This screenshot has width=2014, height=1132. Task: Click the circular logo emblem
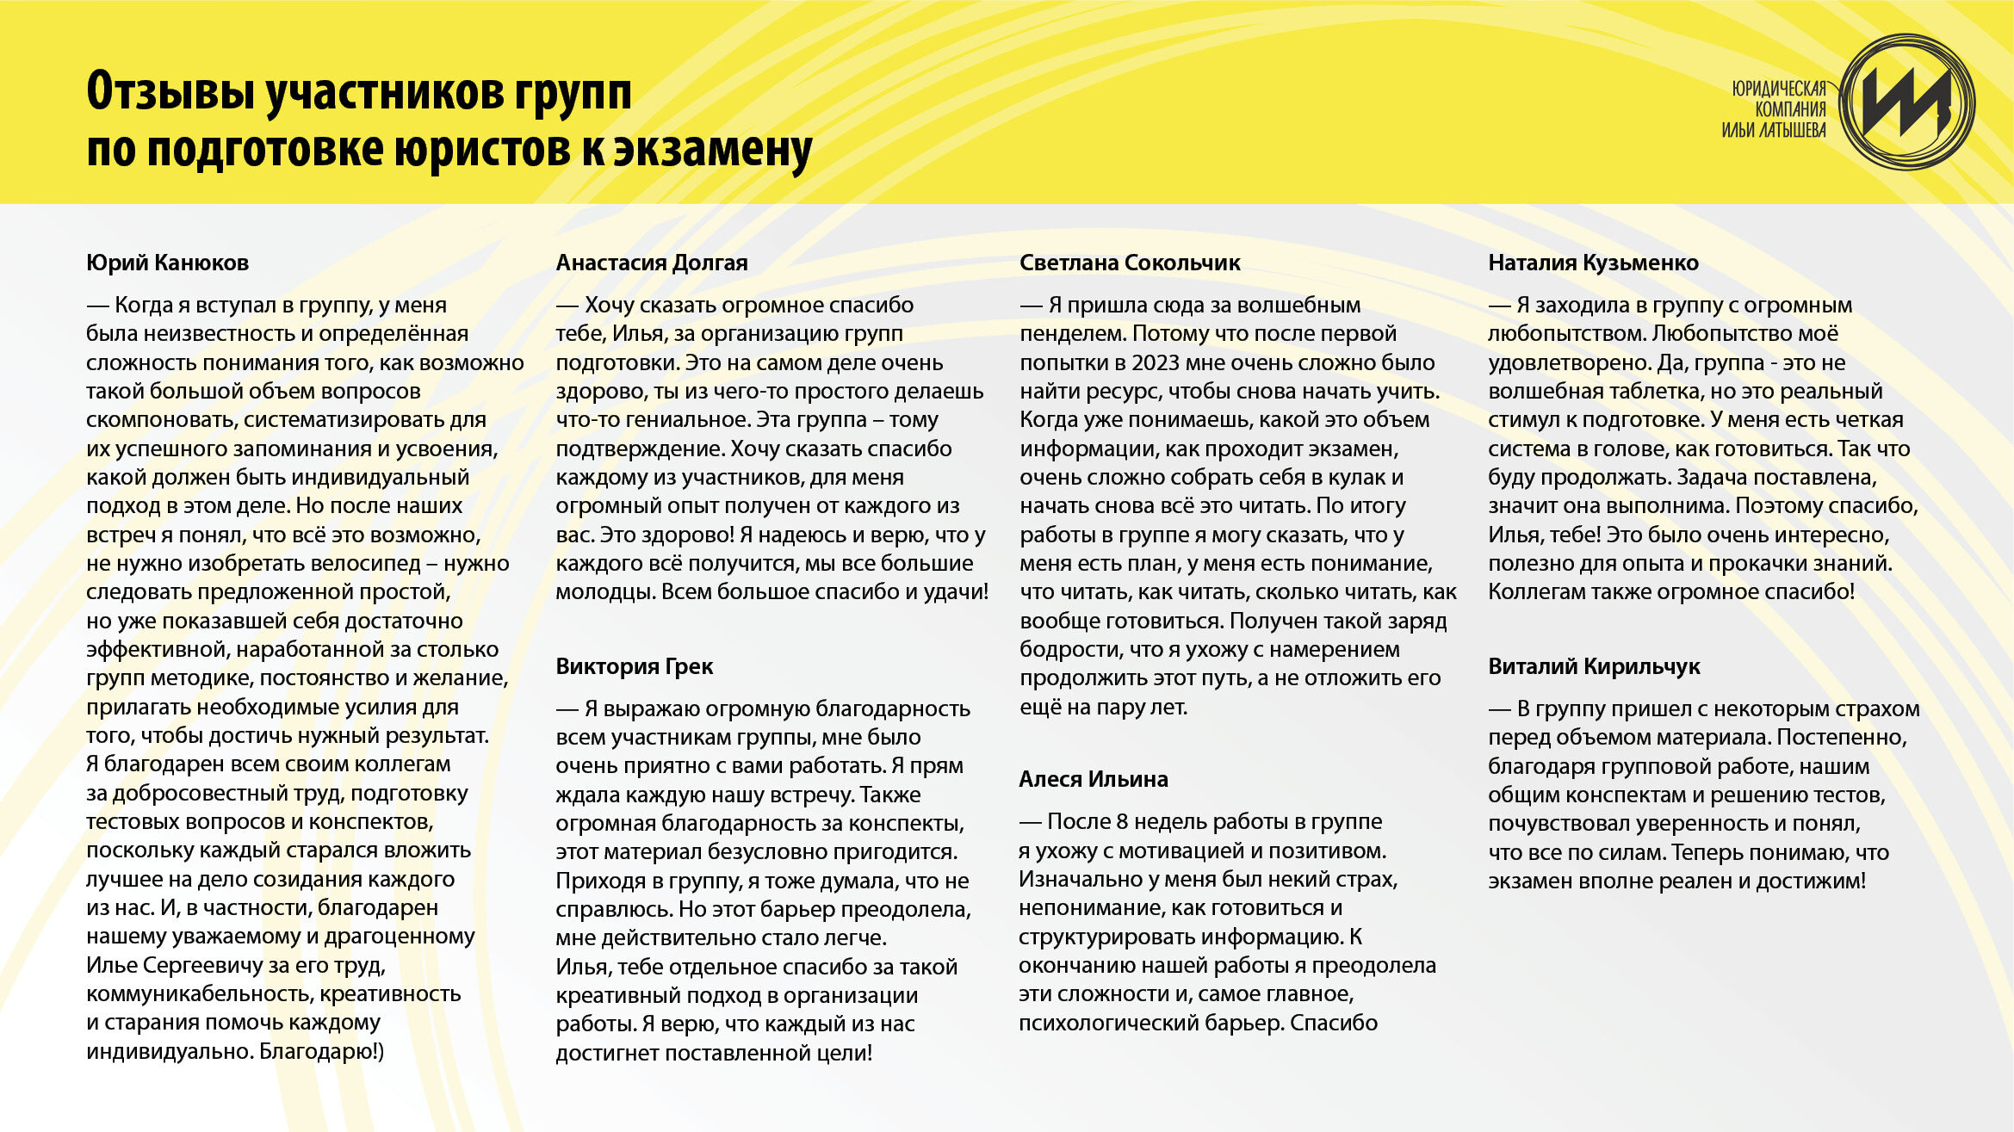click(x=1907, y=102)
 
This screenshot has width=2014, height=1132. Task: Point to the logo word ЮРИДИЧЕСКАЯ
click(x=1779, y=89)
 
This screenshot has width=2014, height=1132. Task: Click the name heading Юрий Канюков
click(x=167, y=263)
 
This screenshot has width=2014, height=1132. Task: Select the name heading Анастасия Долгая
click(x=651, y=263)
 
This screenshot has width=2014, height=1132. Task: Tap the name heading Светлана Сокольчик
click(x=1130, y=263)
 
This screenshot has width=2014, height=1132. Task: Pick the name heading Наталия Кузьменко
click(x=1593, y=263)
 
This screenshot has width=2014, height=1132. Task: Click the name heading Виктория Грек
click(x=634, y=666)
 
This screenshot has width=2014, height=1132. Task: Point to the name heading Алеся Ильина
click(x=1094, y=779)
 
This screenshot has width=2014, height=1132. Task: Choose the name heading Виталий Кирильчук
click(x=1594, y=666)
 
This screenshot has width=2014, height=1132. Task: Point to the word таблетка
click(x=1639, y=392)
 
